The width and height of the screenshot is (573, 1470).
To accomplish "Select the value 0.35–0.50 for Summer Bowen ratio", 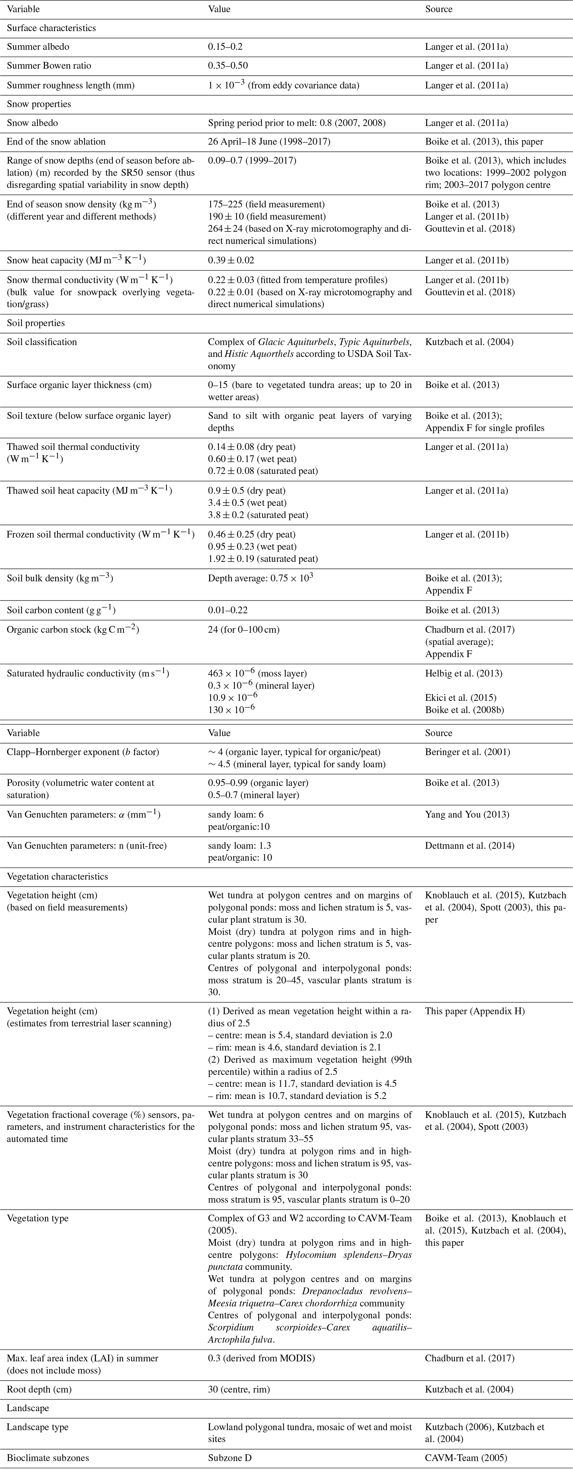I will pos(228,66).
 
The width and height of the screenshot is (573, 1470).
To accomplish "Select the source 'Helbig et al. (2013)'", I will pos(464,673).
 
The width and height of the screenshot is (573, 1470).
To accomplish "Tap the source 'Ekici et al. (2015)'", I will pos(460,697).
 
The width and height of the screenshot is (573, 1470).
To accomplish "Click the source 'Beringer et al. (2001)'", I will pos(467,752).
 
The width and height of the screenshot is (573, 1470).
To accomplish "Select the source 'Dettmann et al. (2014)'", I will pos(469,846).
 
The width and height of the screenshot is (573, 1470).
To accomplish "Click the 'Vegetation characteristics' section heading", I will pos(57,877).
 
